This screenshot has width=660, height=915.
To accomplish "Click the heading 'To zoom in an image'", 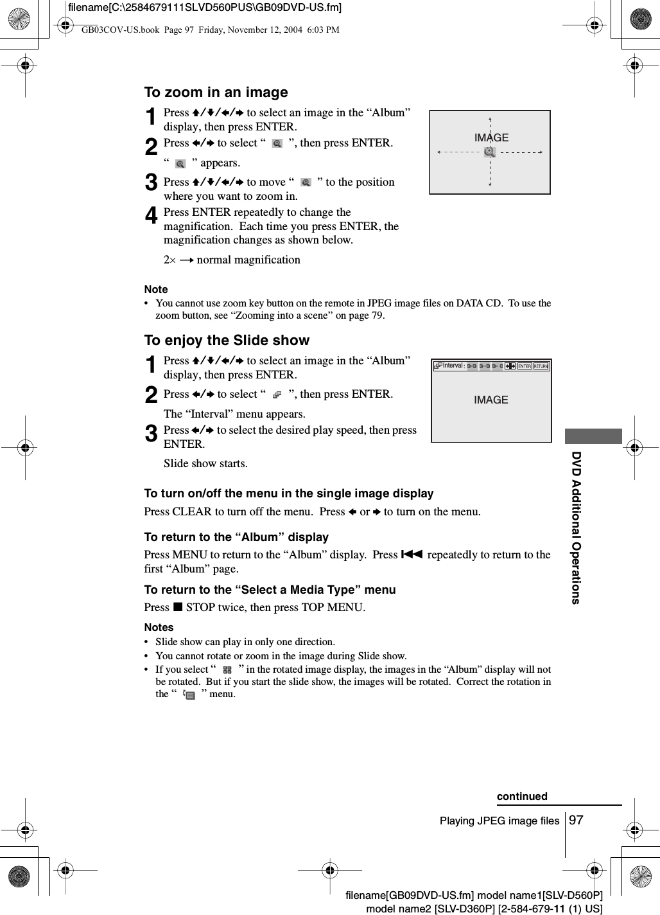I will pos(216,93).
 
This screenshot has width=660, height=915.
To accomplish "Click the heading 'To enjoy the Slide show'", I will pos(227,341).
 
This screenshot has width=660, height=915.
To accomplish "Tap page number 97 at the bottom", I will pos(577,820).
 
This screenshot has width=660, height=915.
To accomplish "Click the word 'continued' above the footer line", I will pos(522,796).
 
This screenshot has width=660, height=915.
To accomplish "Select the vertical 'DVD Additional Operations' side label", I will pos(577,528).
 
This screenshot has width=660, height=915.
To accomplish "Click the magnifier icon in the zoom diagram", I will pos(490,152).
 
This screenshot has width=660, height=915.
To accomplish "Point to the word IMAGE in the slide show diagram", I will pos(491,400).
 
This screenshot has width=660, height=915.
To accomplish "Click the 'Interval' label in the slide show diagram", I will pos(453,366).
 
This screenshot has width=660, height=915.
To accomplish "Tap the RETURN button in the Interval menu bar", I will pos(541,366).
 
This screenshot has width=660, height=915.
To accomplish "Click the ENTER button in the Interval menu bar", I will pos(525,366).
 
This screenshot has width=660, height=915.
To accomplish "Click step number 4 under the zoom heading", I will pos(151,216).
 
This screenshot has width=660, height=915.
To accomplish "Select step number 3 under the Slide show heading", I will pos(151,434).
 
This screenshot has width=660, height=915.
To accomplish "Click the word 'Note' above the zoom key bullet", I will pos(156,289).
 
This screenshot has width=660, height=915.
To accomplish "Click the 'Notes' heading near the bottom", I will pos(159,627).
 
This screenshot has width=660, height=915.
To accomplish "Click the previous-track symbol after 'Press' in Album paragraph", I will pos(412,555).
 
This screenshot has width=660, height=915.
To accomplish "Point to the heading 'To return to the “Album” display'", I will pos(236,537).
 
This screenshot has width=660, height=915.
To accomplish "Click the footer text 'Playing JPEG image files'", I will pos(499,821).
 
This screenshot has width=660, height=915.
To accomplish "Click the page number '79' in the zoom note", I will pos(377,315).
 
